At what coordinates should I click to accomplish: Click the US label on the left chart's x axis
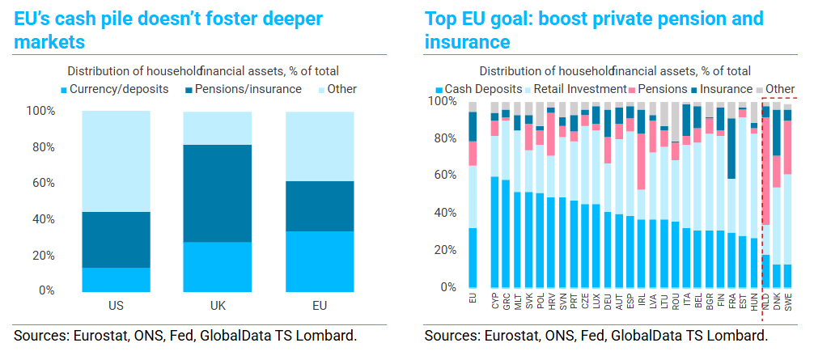pyautogui.click(x=116, y=307)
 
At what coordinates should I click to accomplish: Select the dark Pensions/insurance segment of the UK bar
pyautogui.click(x=218, y=193)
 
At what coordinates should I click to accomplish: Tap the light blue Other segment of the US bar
pyautogui.click(x=116, y=162)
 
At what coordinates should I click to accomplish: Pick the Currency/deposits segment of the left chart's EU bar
pyautogui.click(x=320, y=261)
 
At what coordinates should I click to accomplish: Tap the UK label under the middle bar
pyautogui.click(x=218, y=307)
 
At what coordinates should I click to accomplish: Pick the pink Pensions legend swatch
pyautogui.click(x=634, y=89)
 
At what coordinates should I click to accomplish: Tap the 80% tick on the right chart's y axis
pyautogui.click(x=446, y=139)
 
